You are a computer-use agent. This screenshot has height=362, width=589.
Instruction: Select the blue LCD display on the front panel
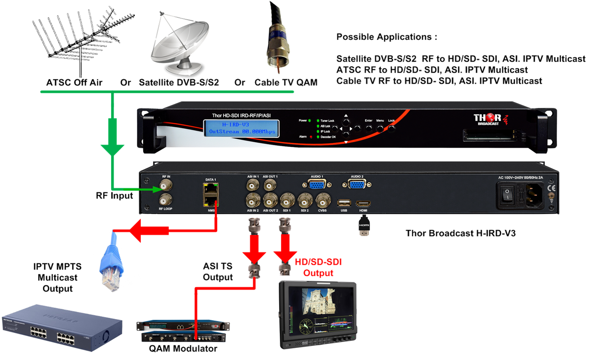coord(241,128)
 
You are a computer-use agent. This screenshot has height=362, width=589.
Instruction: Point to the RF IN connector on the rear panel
coord(166,185)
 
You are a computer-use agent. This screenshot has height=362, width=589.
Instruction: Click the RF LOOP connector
coord(166,200)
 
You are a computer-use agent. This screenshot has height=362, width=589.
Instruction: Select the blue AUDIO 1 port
coord(316,184)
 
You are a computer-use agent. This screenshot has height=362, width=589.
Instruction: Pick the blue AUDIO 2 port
coord(357,184)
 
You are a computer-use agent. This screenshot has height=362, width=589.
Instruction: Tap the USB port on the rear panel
coord(344,203)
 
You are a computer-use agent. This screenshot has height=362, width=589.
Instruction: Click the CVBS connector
coord(323,201)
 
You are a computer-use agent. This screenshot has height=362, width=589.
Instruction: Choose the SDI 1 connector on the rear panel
coord(287,201)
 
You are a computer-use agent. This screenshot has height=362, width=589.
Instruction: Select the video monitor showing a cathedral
coord(318,314)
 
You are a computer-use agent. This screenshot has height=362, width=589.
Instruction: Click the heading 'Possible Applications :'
coord(387,37)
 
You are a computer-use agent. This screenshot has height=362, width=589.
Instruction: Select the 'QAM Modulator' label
coord(183,349)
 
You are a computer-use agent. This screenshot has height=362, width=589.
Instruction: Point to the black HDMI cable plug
coord(364,226)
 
